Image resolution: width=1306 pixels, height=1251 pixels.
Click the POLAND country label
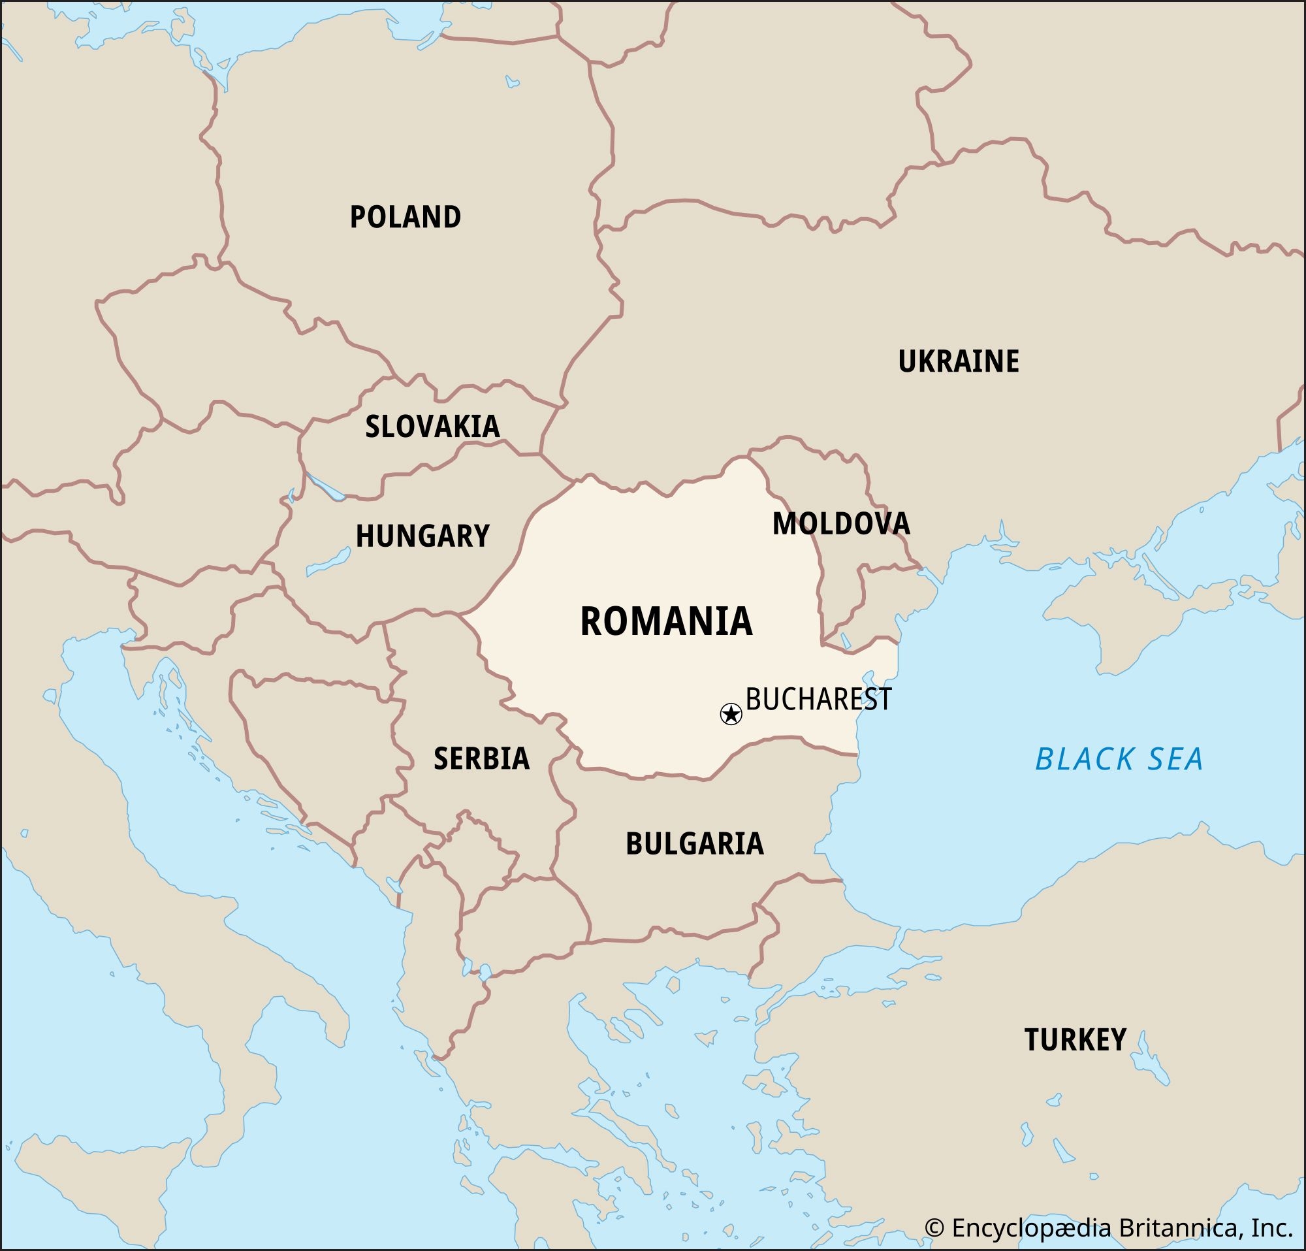coord(405,218)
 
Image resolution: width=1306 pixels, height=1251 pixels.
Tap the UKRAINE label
coord(957,361)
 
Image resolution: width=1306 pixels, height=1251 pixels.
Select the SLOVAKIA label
coord(432,427)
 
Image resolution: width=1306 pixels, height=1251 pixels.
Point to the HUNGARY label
coord(422,536)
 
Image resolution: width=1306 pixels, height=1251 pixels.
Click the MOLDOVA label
coord(841,524)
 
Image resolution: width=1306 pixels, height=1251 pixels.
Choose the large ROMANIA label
coord(665,621)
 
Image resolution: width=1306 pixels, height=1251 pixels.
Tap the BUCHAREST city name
coord(818,699)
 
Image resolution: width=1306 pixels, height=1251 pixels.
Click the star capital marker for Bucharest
coord(731,715)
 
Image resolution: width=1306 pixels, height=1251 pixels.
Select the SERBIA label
coord(481,758)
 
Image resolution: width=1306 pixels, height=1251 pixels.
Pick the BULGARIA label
coord(694,844)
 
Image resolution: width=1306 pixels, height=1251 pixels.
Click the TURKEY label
coord(1075,1040)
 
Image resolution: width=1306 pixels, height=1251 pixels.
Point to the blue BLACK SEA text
coord(1119,759)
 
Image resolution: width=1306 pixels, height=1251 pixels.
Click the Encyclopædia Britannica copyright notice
coord(1109,1227)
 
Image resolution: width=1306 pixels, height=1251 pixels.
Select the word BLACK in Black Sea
coord(1079,759)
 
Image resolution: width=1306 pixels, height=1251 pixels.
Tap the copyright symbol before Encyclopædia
coord(935,1227)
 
